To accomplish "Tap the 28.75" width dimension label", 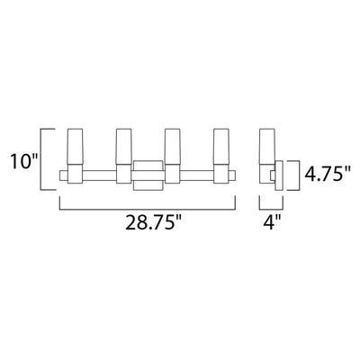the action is pos(154,222).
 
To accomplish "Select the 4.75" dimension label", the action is pos(328,174).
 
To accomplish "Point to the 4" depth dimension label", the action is pos(271,222).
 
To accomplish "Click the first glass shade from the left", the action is pos(75,147).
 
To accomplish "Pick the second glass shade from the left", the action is pos(124,147).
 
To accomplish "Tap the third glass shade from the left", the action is pos(173,147).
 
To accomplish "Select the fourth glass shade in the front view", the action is pos(221,147).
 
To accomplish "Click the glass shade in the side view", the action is pos(267,147).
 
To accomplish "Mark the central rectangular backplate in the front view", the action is pos(148,175).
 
